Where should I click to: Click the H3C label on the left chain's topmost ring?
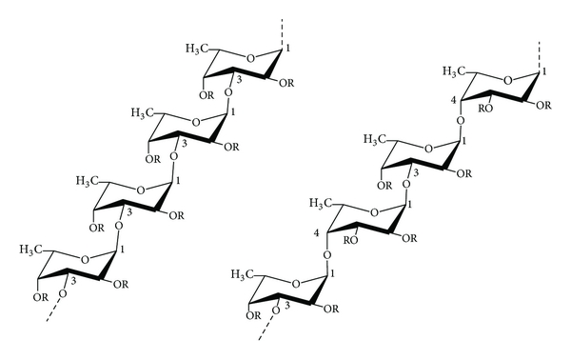pyautogui.click(x=196, y=50)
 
